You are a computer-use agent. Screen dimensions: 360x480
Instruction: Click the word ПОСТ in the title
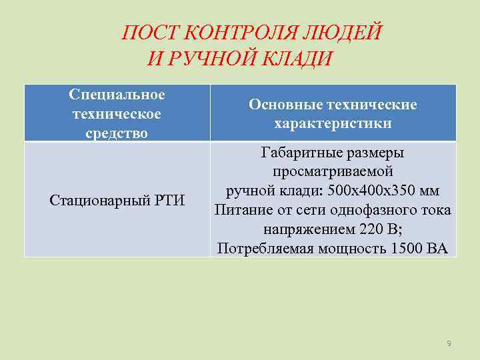(x=149, y=32)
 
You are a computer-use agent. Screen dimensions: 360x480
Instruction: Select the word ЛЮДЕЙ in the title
(x=353, y=32)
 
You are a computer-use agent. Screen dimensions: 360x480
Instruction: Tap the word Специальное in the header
(x=117, y=95)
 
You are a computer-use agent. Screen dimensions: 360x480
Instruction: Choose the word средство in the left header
(x=117, y=133)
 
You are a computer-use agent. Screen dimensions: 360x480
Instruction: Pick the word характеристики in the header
(x=333, y=124)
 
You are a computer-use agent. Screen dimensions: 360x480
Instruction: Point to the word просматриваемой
(x=333, y=171)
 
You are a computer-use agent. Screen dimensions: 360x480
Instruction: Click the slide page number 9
(x=449, y=343)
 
